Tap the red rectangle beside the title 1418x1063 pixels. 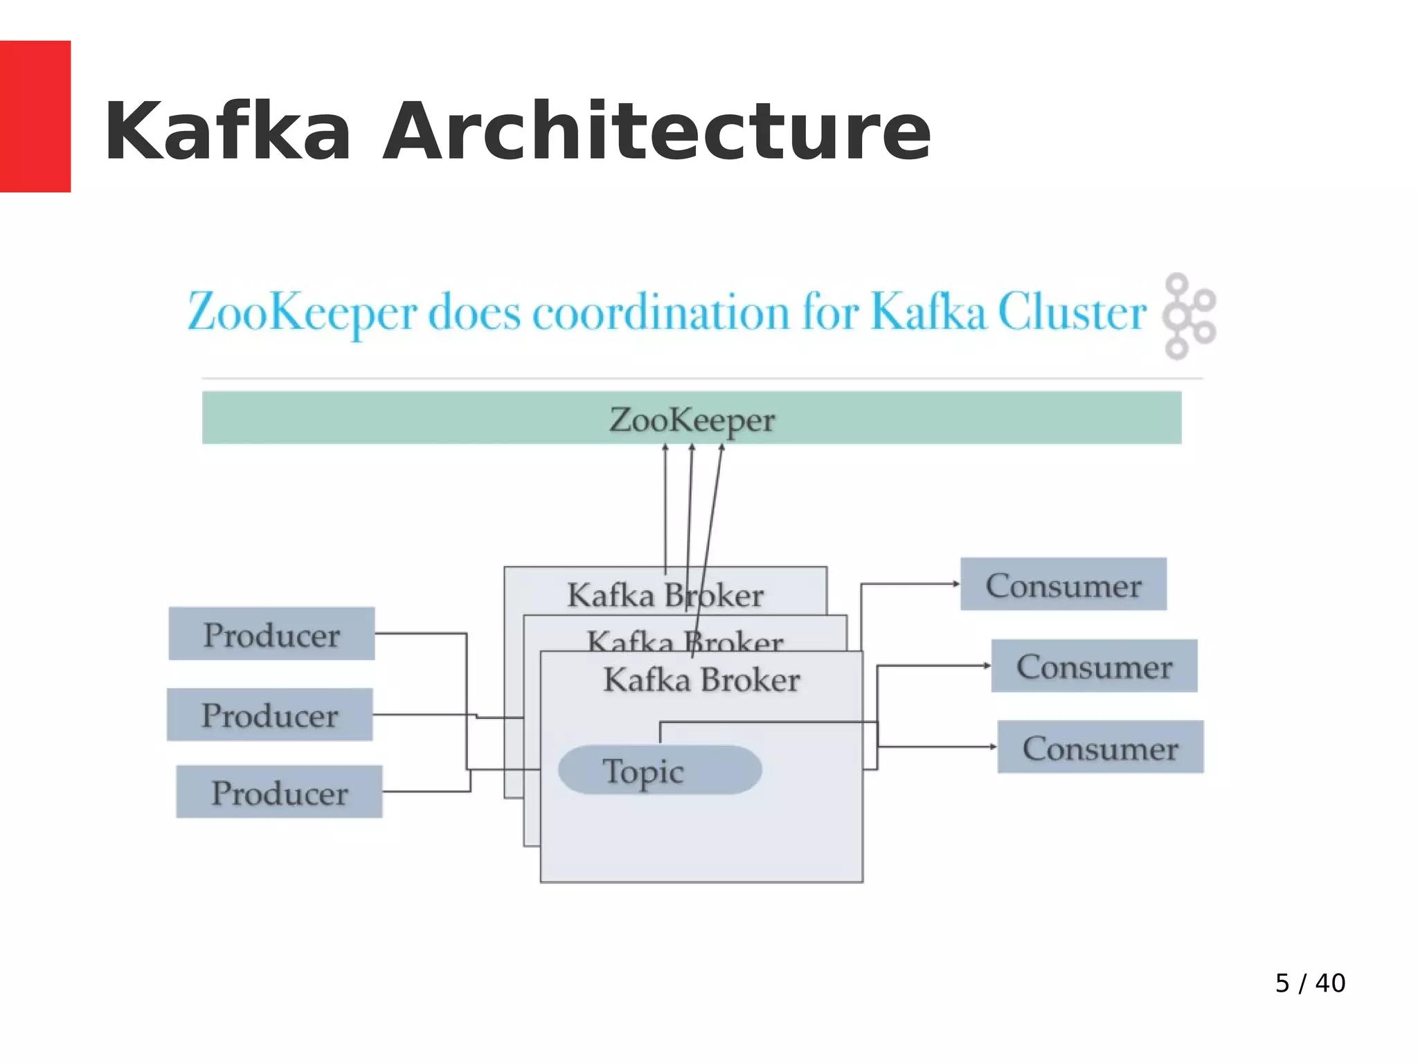[35, 116]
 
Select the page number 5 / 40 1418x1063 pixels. [1310, 983]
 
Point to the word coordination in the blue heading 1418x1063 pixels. [661, 312]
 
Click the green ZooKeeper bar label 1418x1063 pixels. [692, 419]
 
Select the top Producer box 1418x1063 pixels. [271, 634]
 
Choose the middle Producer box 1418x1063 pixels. [269, 715]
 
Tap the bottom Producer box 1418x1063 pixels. [279, 792]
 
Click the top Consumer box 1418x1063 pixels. [1063, 584]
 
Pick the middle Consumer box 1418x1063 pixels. [1094, 666]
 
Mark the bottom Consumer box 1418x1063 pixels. [1100, 747]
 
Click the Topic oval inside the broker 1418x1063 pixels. [660, 770]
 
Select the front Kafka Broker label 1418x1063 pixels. [701, 679]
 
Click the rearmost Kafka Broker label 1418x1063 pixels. [665, 594]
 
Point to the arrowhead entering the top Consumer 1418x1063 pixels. [956, 584]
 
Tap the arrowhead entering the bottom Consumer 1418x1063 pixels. [993, 747]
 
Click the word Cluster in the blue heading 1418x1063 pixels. [1072, 312]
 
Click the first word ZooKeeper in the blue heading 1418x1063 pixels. [303, 312]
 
